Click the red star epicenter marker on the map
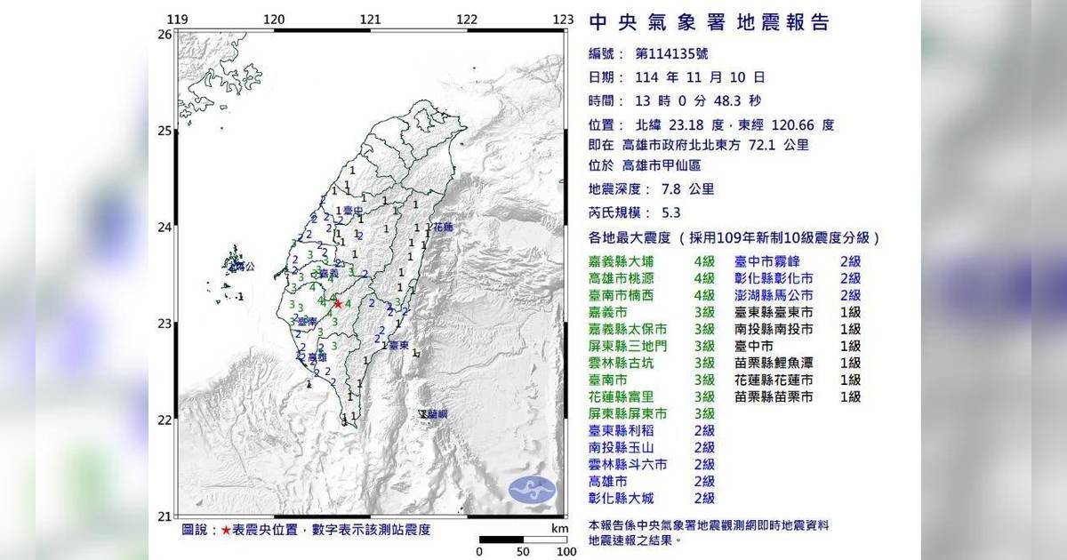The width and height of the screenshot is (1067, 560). click(338, 304)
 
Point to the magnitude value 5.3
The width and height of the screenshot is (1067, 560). click(673, 213)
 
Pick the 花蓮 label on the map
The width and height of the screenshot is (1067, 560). click(442, 228)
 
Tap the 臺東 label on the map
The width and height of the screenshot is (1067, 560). click(397, 346)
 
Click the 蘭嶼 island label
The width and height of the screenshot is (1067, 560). click(436, 414)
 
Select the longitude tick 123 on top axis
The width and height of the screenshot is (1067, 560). click(564, 19)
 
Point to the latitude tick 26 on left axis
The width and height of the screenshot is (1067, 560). click(164, 35)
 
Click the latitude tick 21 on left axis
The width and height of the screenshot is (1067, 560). click(164, 516)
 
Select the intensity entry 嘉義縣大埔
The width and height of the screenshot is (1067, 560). click(626, 261)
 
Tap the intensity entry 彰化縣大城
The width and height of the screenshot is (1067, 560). click(626, 499)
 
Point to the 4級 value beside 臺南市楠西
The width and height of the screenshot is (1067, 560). click(704, 295)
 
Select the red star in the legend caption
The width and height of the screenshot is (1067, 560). click(227, 530)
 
